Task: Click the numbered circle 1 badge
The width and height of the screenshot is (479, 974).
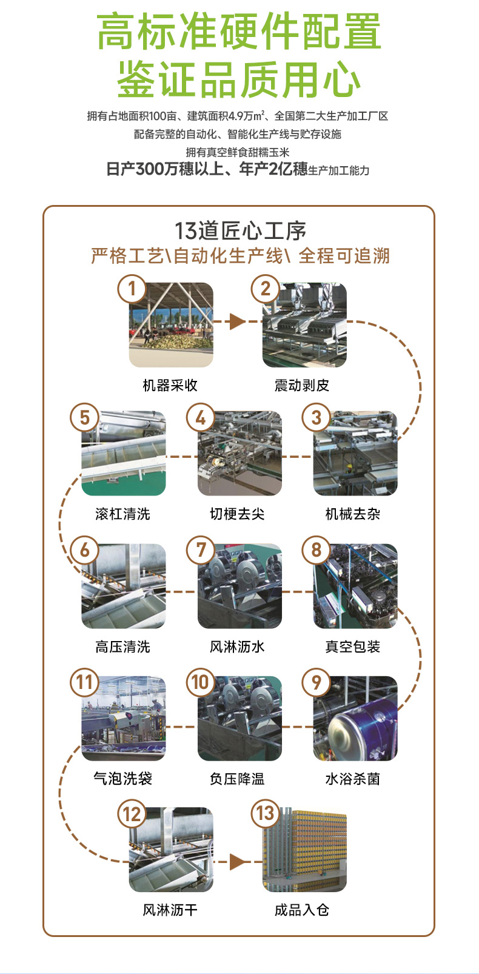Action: click(132, 289)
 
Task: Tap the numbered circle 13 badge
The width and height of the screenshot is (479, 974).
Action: click(266, 813)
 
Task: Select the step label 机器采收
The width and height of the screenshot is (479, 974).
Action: click(170, 385)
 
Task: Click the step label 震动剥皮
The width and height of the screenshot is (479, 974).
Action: click(302, 385)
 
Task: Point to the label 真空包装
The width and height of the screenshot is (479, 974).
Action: click(352, 647)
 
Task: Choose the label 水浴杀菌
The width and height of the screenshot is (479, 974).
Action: click(352, 779)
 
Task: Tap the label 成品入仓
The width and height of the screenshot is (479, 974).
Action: click(302, 910)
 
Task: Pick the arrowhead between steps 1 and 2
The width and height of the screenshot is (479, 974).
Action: click(237, 321)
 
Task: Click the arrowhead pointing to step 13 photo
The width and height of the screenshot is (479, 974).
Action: click(237, 861)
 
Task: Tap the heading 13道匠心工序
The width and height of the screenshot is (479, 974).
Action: click(240, 231)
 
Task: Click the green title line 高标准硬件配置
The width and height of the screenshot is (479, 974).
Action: click(239, 32)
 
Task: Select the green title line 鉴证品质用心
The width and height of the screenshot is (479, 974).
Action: click(239, 79)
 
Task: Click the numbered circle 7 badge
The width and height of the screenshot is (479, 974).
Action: click(201, 550)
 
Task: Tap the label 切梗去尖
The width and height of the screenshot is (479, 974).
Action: click(237, 514)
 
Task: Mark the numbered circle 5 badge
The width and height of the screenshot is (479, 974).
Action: click(85, 417)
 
